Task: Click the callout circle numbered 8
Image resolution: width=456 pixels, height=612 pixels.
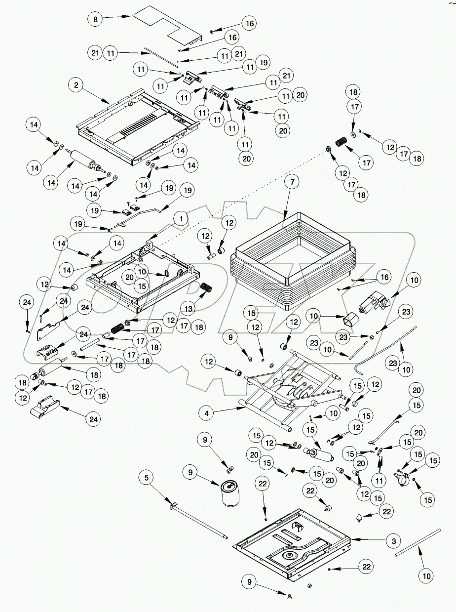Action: (x=96, y=19)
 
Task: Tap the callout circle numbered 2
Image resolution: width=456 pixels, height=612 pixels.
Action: (x=76, y=85)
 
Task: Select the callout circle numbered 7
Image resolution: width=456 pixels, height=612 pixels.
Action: (x=292, y=183)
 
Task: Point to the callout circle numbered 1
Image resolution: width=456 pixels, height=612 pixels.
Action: (x=181, y=218)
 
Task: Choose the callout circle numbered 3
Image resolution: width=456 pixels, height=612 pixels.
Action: (x=394, y=541)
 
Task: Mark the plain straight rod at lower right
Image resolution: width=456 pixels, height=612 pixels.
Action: (x=418, y=543)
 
